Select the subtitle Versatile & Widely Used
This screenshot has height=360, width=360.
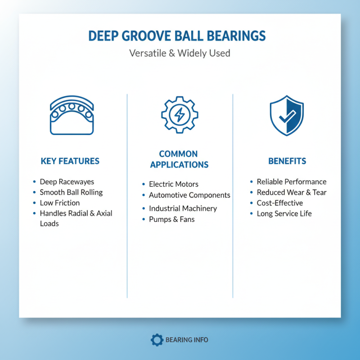pyautogui.click(x=180, y=53)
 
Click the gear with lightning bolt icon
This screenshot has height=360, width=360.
pyautogui.click(x=179, y=115)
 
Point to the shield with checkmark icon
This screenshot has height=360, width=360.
pyautogui.click(x=287, y=115)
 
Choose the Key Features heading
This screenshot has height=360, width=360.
pyautogui.click(x=70, y=161)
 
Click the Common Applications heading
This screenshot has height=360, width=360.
pyautogui.click(x=179, y=159)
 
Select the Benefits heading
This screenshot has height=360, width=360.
pyautogui.click(x=287, y=161)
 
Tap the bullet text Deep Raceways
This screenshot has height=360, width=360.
pyautogui.click(x=67, y=182)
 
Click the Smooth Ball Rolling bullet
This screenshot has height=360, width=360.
pyautogui.click(x=71, y=192)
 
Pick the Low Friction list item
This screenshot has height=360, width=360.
pyautogui.click(x=60, y=203)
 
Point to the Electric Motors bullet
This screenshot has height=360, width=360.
pyautogui.click(x=173, y=184)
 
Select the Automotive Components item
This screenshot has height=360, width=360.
pyautogui.click(x=189, y=195)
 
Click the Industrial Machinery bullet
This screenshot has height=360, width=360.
pyautogui.click(x=183, y=208)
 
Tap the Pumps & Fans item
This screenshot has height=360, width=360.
pyautogui.click(x=171, y=219)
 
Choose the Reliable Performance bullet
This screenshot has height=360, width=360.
pyautogui.click(x=292, y=182)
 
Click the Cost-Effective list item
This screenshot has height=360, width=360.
pyautogui.click(x=280, y=203)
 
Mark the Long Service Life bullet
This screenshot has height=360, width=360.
pyautogui.click(x=284, y=214)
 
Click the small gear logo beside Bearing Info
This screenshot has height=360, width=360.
pyautogui.click(x=157, y=340)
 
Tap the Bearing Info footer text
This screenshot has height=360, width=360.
pyautogui.click(x=187, y=340)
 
